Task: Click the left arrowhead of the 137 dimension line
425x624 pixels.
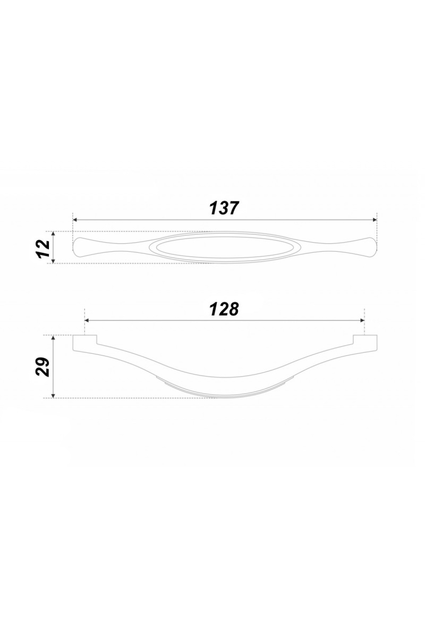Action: (75, 220)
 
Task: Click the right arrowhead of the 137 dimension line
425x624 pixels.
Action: (374, 220)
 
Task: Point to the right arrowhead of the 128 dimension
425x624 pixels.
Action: (362, 321)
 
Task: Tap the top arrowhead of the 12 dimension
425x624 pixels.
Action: (53, 234)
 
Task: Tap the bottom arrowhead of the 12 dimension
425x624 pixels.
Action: (53, 261)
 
